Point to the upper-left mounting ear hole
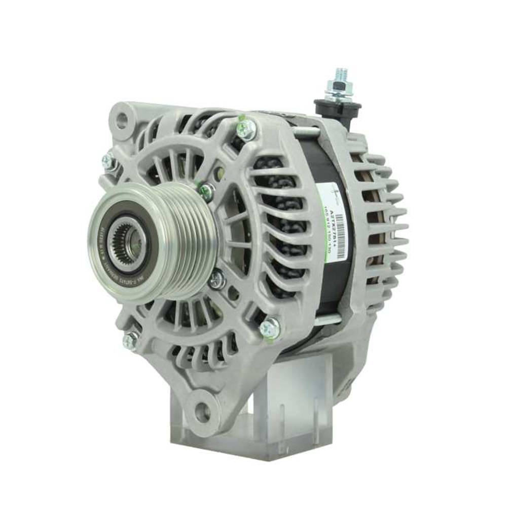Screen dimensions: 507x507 coord(122,121)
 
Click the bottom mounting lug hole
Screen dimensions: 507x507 coord(202,411)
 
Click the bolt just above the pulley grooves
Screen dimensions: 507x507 coord(206,191)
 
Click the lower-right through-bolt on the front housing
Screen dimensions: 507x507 coord(269,328)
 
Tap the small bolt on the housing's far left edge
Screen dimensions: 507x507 coord(108,162)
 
